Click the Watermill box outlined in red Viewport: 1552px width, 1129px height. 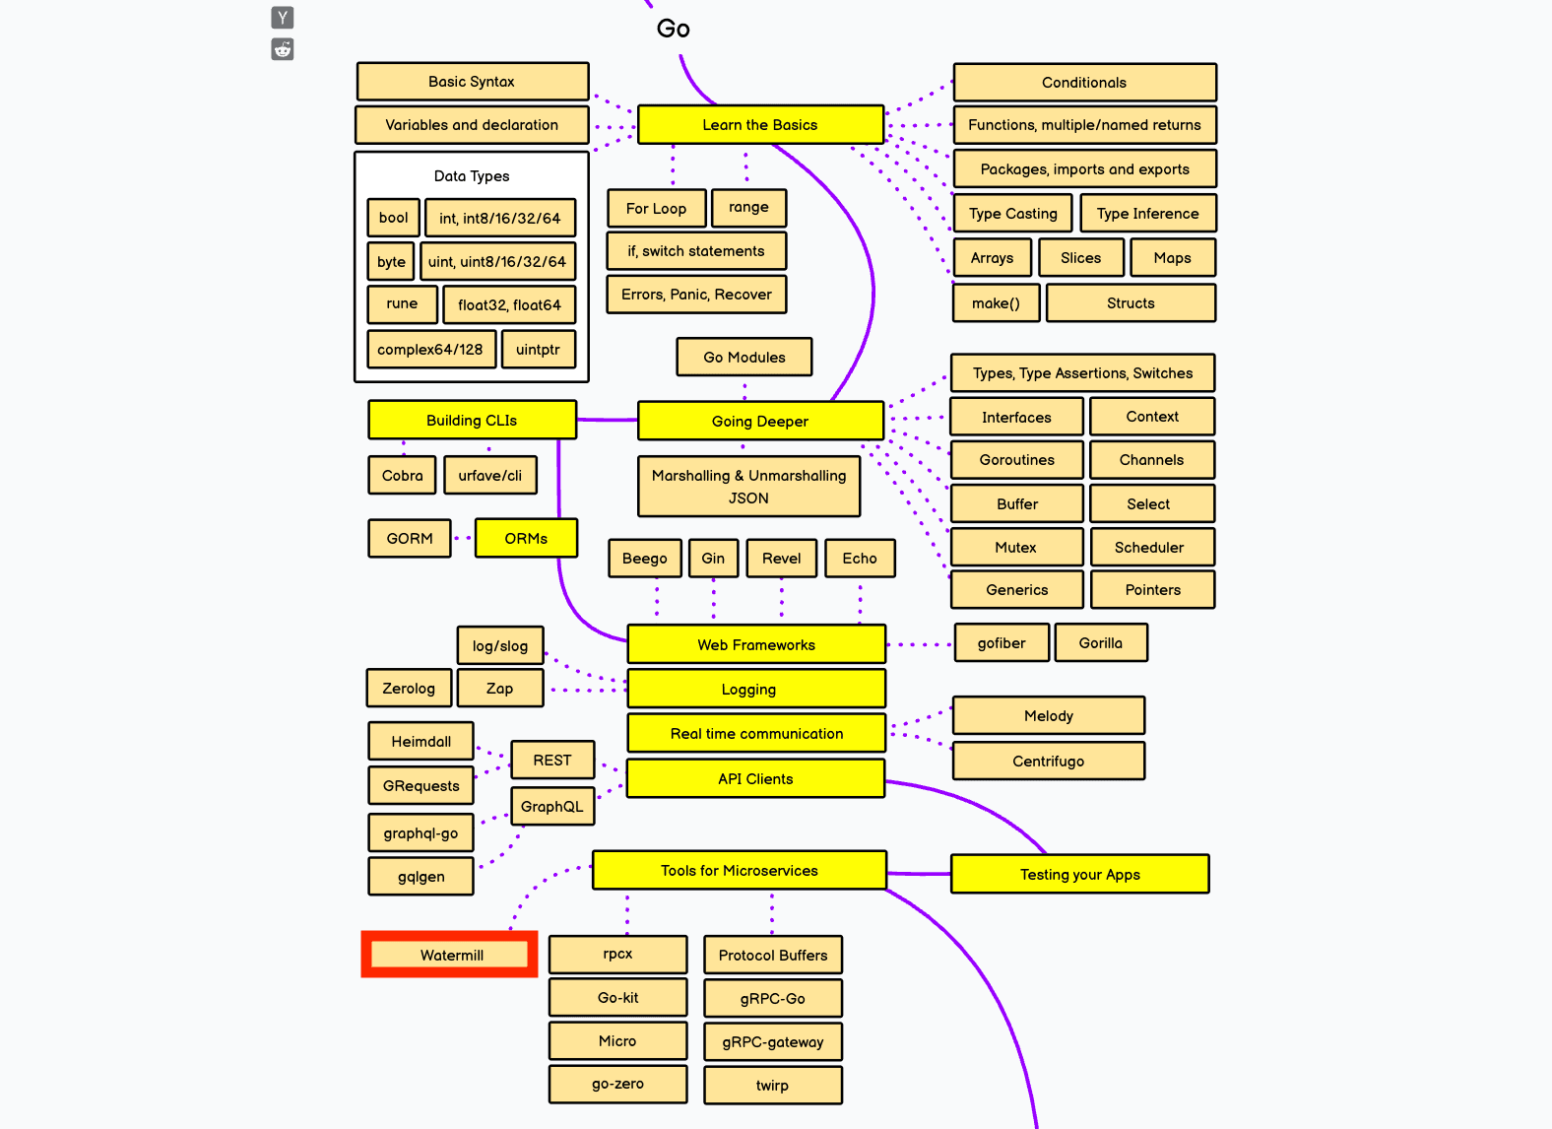click(x=450, y=955)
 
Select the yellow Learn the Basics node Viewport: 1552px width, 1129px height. click(x=760, y=125)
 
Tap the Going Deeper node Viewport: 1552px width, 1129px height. click(x=760, y=421)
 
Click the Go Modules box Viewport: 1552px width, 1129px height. click(x=744, y=357)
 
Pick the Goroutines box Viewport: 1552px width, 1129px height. click(x=1016, y=460)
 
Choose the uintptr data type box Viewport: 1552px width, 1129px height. click(x=538, y=350)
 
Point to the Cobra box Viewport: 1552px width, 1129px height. click(x=402, y=476)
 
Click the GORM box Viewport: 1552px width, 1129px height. click(x=410, y=539)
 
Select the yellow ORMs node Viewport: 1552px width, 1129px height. click(x=526, y=539)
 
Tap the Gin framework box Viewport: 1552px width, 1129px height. click(x=713, y=559)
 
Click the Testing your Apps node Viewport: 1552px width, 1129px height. click(x=1079, y=874)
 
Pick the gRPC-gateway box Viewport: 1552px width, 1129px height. click(x=773, y=1042)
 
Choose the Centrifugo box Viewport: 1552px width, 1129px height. click(x=1048, y=761)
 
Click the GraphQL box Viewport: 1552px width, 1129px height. click(x=552, y=807)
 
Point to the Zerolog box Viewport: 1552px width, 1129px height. click(x=409, y=689)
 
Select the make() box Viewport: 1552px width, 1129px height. click(x=996, y=303)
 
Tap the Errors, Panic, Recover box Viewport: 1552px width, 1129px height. click(x=696, y=295)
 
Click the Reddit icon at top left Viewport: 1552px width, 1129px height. click(x=283, y=49)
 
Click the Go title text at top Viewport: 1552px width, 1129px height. click(x=674, y=29)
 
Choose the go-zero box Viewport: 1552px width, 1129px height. click(x=617, y=1084)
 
